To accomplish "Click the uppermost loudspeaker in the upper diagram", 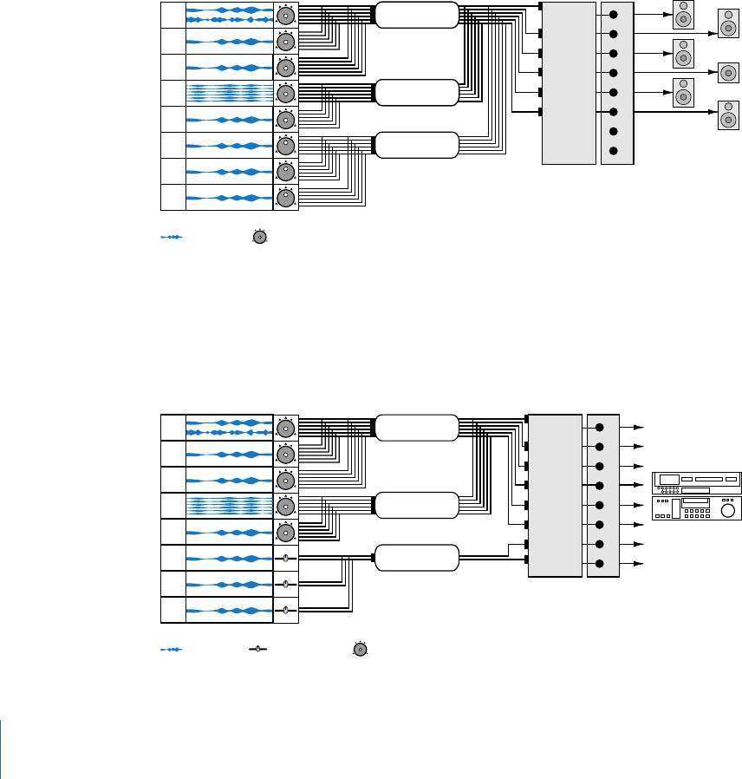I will [683, 15].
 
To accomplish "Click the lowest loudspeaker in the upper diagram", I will [727, 115].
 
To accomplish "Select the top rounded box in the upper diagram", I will [417, 14].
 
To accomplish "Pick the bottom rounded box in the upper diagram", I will [417, 145].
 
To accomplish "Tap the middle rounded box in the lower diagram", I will [417, 505].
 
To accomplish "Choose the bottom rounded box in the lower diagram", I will [417, 558].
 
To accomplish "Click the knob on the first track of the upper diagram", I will [285, 15].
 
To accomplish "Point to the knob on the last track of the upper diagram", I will [285, 198].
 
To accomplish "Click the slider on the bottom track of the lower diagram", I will [285, 610].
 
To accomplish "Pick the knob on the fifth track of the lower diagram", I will [285, 532].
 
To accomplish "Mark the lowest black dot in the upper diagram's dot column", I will [614, 152].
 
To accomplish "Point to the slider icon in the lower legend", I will [257, 649].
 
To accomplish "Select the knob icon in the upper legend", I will [259, 237].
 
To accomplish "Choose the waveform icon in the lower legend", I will [172, 649].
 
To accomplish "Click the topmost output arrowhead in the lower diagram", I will [641, 427].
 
